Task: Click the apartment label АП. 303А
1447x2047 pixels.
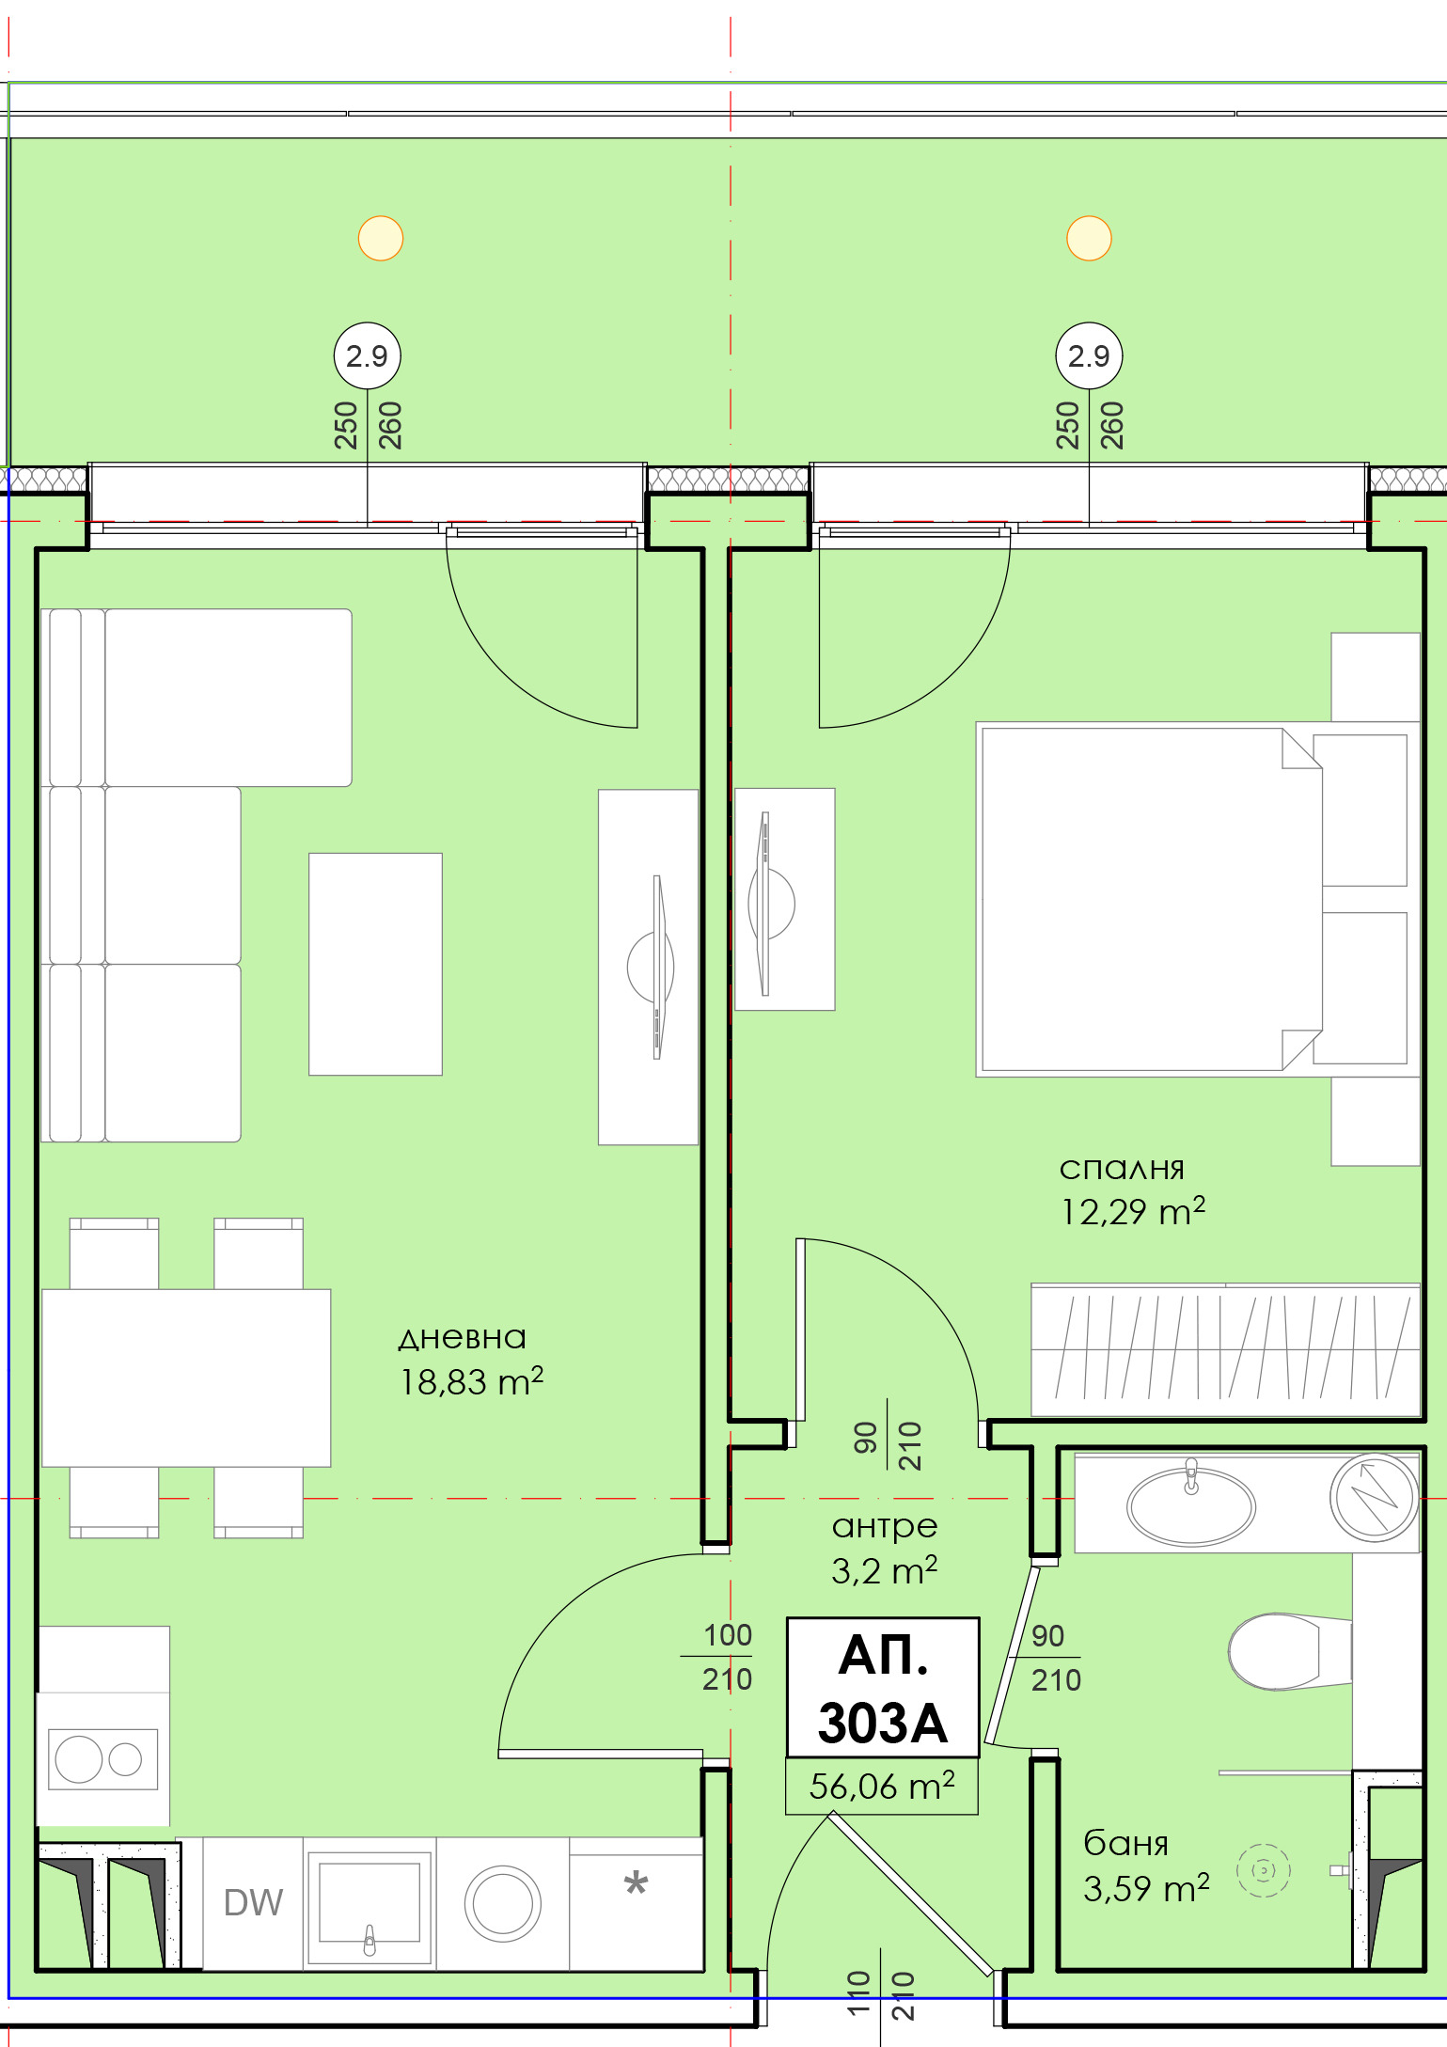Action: click(x=882, y=1688)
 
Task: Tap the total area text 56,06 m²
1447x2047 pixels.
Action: click(x=882, y=1786)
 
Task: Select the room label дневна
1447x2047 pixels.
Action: click(x=462, y=1337)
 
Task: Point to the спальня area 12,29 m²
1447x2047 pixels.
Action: click(x=1133, y=1211)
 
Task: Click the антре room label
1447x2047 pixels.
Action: click(x=884, y=1525)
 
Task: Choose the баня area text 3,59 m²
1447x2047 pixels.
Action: click(x=1145, y=1888)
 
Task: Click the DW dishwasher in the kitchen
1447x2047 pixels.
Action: click(x=253, y=1903)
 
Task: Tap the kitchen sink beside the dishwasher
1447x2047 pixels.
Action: click(x=370, y=1903)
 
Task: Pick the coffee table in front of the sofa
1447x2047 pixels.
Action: click(x=375, y=964)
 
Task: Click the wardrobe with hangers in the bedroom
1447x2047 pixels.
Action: click(x=1224, y=1350)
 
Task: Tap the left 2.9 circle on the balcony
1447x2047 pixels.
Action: click(x=367, y=356)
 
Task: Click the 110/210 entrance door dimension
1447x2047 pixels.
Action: click(x=879, y=1995)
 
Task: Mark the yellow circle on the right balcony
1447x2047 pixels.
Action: click(x=1089, y=238)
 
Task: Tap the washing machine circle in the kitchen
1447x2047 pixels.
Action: click(x=502, y=1903)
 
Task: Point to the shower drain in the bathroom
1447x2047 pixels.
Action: click(x=1263, y=1870)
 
